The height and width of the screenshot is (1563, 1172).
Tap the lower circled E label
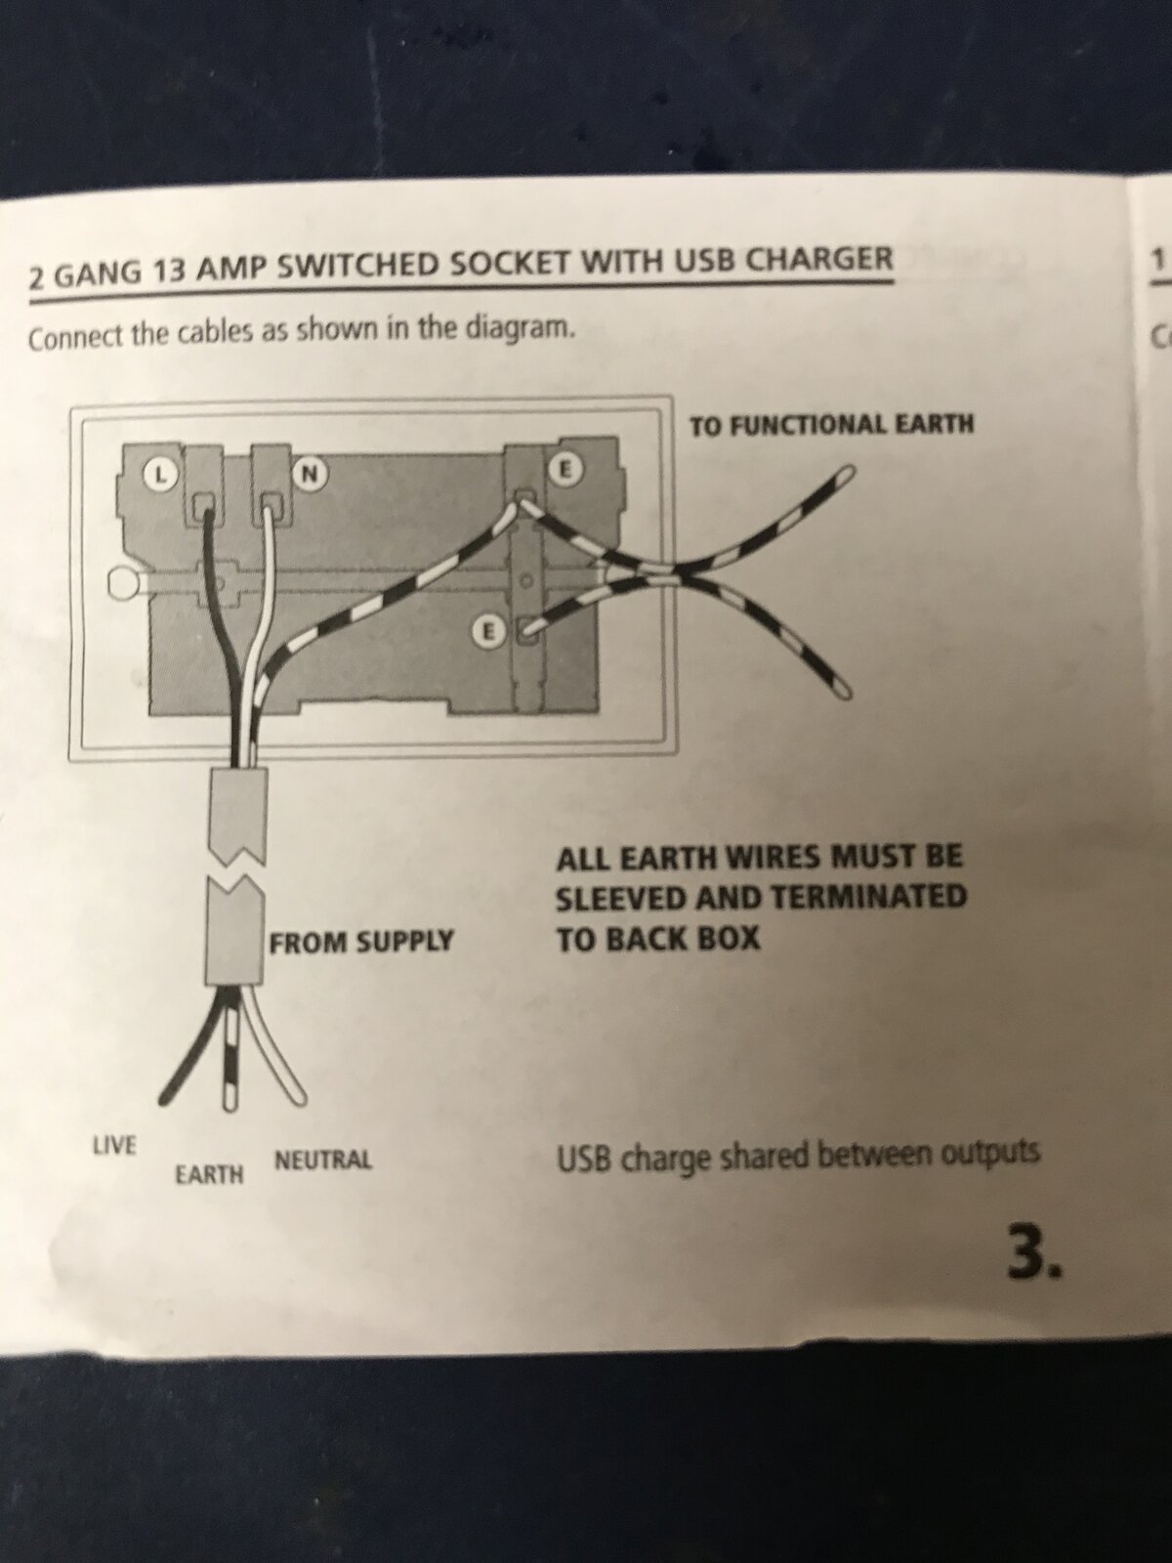click(x=486, y=633)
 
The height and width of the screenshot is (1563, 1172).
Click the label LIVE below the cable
click(x=114, y=1145)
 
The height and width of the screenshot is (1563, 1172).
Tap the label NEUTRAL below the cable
click(x=323, y=1161)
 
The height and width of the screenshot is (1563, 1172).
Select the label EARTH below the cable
click(x=209, y=1174)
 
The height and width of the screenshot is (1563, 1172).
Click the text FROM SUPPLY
click(x=361, y=942)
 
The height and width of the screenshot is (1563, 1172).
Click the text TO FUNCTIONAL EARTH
click(x=831, y=424)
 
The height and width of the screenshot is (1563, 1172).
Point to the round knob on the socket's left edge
click(x=123, y=583)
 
